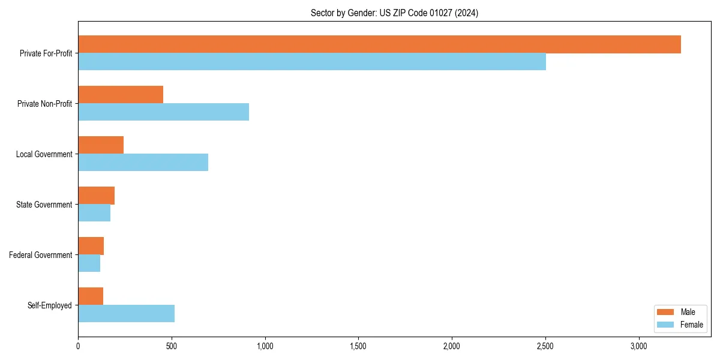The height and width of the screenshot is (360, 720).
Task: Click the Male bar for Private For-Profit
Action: click(379, 44)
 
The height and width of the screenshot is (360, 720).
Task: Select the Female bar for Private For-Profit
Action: click(312, 62)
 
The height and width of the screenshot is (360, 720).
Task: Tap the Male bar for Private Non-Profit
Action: click(121, 95)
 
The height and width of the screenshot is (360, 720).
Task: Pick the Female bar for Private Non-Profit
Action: click(163, 112)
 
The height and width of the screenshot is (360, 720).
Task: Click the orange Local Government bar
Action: click(101, 145)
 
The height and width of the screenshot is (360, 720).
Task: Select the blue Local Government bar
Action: click(143, 163)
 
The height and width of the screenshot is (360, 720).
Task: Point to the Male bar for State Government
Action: click(96, 196)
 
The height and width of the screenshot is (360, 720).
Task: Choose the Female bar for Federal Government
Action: click(89, 263)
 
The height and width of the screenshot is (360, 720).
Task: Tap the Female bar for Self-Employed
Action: click(126, 314)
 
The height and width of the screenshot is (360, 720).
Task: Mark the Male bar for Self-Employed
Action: click(91, 296)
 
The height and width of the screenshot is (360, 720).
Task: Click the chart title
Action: click(394, 13)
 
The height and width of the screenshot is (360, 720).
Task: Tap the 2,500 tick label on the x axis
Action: click(545, 346)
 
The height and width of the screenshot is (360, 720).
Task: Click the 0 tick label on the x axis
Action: click(78, 346)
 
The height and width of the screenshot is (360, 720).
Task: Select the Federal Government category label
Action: click(41, 255)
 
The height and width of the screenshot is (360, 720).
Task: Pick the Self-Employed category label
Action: click(50, 305)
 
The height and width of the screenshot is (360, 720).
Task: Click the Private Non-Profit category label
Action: click(44, 104)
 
